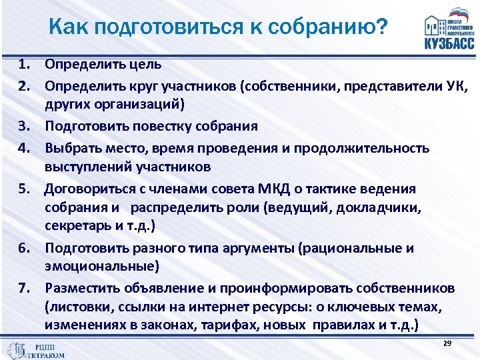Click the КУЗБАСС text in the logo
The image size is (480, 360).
pos(449,44)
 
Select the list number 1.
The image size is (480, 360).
pos(26,65)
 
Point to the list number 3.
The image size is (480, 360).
pos(26,126)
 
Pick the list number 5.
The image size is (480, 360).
pos(26,189)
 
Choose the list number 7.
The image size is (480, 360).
pos(26,288)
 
